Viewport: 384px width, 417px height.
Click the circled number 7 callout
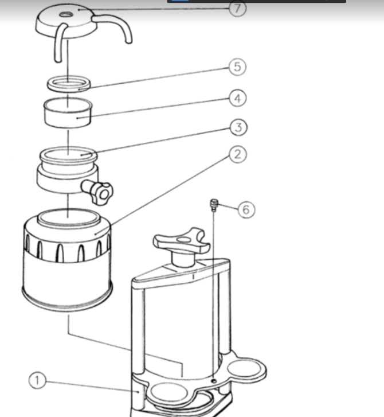[x=237, y=9]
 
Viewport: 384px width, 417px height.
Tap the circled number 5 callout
[x=237, y=67]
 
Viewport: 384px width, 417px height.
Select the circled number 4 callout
[x=237, y=98]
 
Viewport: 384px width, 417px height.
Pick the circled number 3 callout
[x=238, y=127]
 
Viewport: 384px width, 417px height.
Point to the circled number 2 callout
[x=238, y=154]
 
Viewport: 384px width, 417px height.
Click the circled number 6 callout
[x=246, y=209]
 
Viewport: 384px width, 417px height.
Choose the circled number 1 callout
[x=37, y=380]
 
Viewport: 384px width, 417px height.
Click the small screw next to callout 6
[x=214, y=205]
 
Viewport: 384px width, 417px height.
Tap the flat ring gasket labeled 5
[x=69, y=84]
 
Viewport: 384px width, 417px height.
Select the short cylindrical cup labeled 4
[x=68, y=112]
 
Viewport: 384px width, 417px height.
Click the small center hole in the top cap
[x=65, y=14]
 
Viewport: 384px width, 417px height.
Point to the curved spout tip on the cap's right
[x=128, y=41]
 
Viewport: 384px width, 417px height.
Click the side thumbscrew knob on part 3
[x=98, y=191]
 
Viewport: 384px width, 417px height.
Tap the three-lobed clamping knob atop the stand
[x=182, y=242]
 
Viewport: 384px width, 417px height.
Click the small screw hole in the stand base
[x=214, y=381]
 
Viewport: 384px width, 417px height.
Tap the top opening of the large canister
[x=68, y=217]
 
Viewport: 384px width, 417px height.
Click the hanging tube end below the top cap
[x=58, y=60]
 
